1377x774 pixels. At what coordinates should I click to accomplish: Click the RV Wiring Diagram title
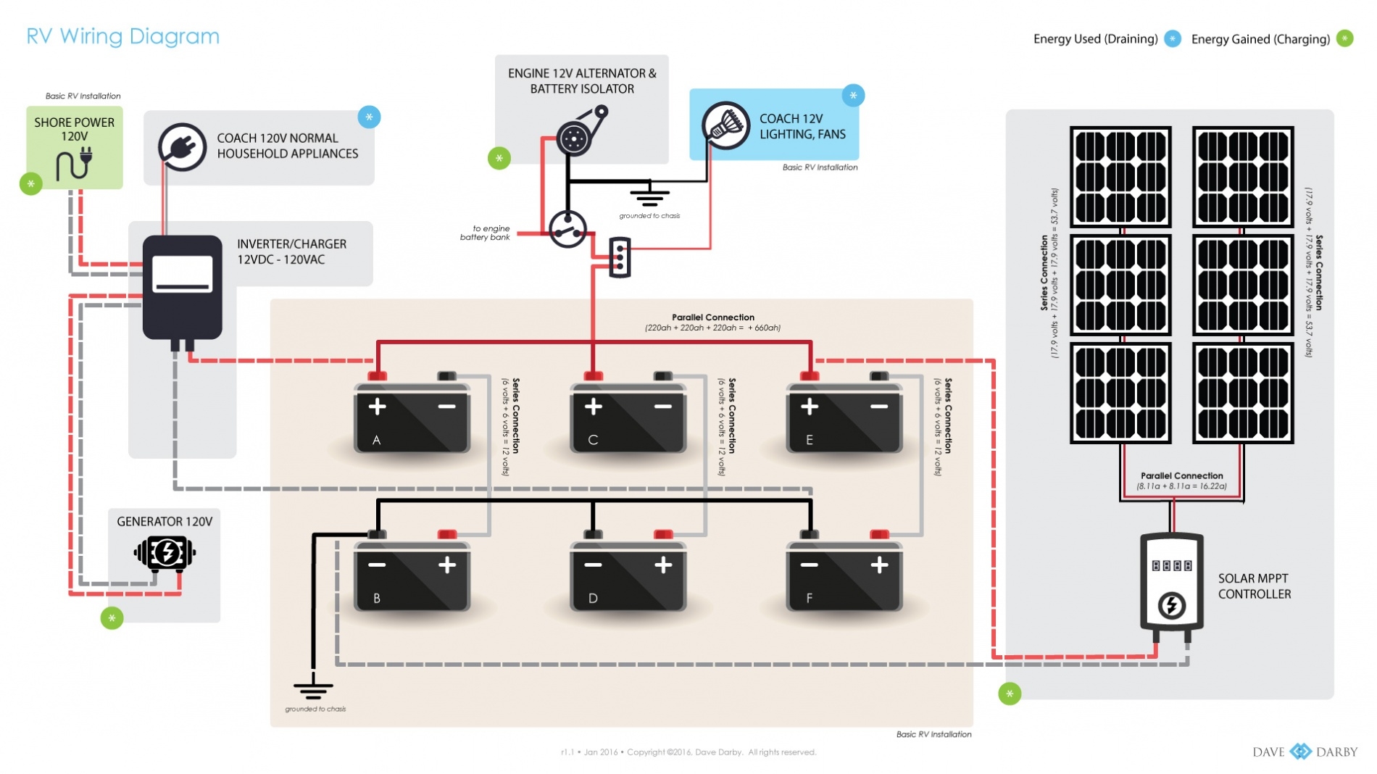pyautogui.click(x=122, y=36)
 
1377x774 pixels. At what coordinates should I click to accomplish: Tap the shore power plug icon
pyautogui.click(x=75, y=164)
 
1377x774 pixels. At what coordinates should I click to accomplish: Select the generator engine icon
pyautogui.click(x=165, y=554)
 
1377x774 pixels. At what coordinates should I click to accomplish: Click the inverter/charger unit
pyautogui.click(x=182, y=286)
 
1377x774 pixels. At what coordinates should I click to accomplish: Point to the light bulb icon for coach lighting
pyautogui.click(x=725, y=126)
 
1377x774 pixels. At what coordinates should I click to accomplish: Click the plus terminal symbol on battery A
pyautogui.click(x=377, y=407)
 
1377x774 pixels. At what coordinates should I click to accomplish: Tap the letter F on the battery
pyautogui.click(x=809, y=598)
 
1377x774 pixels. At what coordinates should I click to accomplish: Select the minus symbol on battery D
pyautogui.click(x=593, y=565)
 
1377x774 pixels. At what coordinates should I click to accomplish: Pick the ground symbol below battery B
pyautogui.click(x=313, y=688)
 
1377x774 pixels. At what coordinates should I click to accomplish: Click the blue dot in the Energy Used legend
pyautogui.click(x=1172, y=39)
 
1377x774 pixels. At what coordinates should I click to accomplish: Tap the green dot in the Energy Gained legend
pyautogui.click(x=1344, y=39)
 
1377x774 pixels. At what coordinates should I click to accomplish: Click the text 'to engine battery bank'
pyautogui.click(x=486, y=233)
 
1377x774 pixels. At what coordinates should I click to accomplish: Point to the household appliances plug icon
pyautogui.click(x=182, y=147)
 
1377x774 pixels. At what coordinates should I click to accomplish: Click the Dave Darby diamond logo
pyautogui.click(x=1300, y=752)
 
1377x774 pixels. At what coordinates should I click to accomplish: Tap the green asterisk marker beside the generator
pyautogui.click(x=112, y=618)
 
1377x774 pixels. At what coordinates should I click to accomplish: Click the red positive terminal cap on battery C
pyautogui.click(x=593, y=375)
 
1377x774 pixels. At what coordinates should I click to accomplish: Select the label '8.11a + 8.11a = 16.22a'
pyautogui.click(x=1181, y=486)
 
